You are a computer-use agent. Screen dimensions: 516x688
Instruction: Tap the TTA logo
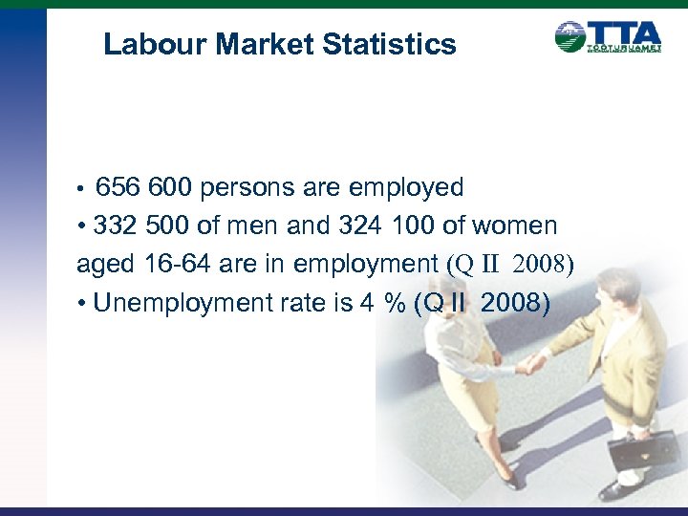coord(608,36)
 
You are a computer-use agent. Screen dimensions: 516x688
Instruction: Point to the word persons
coord(261,187)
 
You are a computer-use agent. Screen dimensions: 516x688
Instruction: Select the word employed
coord(411,187)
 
